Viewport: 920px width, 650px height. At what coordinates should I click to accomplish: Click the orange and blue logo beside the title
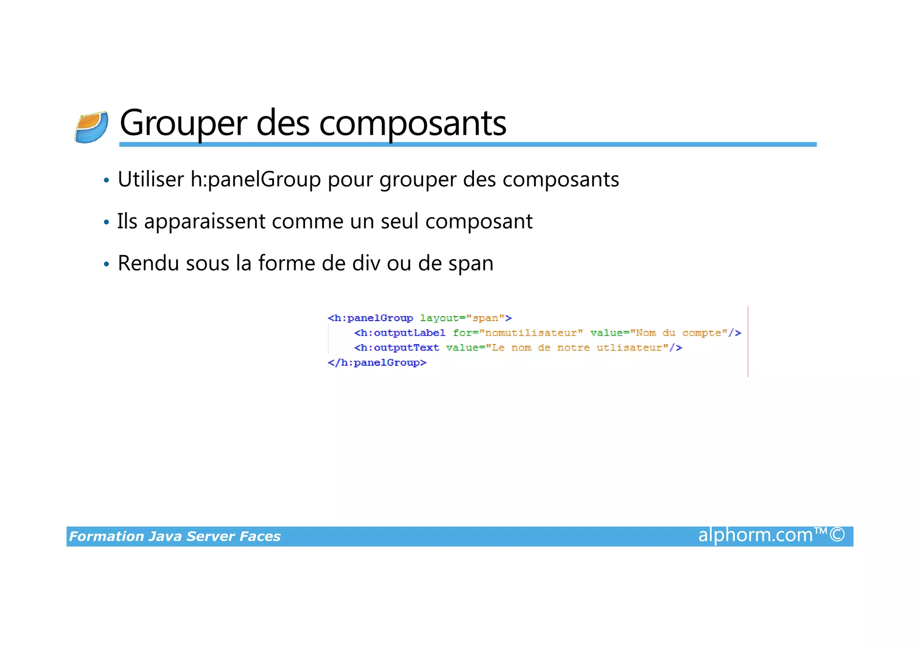click(x=92, y=127)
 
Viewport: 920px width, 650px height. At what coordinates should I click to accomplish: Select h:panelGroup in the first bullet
click(x=255, y=180)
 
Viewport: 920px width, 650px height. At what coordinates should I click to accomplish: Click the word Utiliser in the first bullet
click(x=150, y=179)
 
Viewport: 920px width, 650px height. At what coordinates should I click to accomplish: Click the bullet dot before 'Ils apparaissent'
click(x=106, y=222)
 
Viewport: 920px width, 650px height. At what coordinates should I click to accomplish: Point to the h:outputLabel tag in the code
click(x=400, y=333)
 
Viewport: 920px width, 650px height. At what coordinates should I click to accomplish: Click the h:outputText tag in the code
click(x=397, y=348)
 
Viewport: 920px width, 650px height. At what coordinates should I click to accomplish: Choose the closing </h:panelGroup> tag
click(x=377, y=363)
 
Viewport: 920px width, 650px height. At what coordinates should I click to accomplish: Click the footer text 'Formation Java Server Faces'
click(x=175, y=536)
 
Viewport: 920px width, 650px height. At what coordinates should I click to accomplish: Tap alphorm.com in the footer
click(x=755, y=535)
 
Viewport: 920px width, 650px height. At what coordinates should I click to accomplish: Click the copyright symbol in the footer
click(x=837, y=535)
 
